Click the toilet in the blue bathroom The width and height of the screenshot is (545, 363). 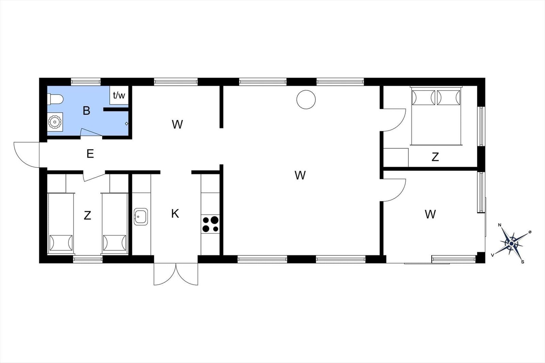[55, 99]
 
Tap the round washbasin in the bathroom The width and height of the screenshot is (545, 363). [54, 122]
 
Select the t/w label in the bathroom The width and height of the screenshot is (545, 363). [119, 96]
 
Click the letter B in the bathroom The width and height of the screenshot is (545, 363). [87, 111]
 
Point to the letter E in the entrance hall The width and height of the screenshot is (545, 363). [90, 154]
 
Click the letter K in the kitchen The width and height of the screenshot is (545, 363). [175, 214]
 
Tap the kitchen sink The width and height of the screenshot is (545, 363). [141, 216]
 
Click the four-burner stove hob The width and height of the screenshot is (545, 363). [211, 224]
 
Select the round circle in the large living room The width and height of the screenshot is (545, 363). [306, 100]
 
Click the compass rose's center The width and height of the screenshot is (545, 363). [511, 244]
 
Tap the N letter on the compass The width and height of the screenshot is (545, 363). [500, 225]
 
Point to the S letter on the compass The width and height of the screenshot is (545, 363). [523, 262]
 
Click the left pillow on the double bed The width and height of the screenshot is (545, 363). [423, 98]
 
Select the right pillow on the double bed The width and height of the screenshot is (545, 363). [449, 98]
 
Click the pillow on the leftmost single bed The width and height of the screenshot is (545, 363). [61, 243]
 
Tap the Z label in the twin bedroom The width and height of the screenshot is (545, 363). [87, 215]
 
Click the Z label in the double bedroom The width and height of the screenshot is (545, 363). [435, 157]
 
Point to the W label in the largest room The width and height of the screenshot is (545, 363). [300, 175]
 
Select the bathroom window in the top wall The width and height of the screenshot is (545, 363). [85, 82]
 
